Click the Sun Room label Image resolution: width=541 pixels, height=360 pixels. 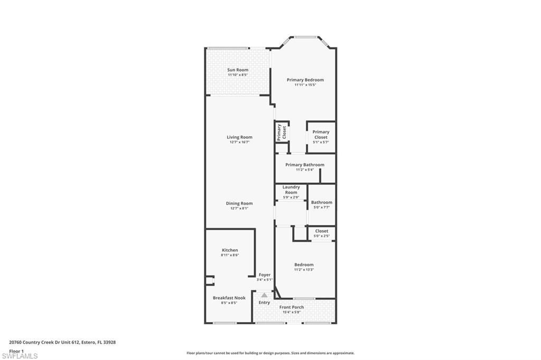(x=238, y=70)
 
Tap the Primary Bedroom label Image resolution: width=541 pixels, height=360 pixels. (x=305, y=80)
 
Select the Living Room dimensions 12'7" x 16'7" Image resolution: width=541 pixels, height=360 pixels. (x=239, y=142)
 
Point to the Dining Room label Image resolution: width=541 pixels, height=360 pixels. (x=239, y=203)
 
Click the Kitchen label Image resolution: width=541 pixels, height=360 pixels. (x=230, y=250)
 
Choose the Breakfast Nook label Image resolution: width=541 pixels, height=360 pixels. (x=229, y=298)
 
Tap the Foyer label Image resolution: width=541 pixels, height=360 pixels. (x=265, y=275)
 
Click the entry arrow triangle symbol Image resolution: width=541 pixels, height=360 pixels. (x=264, y=295)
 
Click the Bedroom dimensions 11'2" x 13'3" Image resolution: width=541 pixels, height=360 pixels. (x=304, y=270)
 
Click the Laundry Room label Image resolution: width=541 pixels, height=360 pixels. (x=291, y=190)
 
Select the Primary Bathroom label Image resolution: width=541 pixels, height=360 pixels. (x=305, y=165)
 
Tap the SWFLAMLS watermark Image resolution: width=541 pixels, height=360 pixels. (x=20, y=356)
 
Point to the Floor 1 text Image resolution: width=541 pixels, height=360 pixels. (x=16, y=350)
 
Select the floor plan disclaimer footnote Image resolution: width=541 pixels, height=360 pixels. (x=270, y=353)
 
